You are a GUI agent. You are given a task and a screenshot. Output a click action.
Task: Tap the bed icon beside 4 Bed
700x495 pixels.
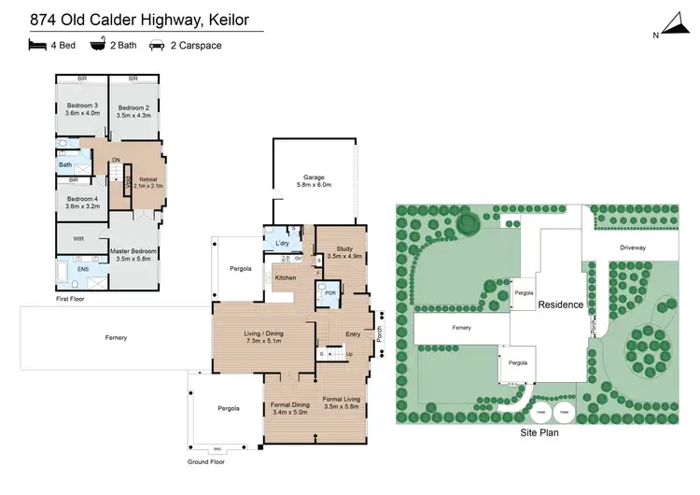[x=36, y=44]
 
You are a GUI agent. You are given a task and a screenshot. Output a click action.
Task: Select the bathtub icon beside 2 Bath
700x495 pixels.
[x=97, y=44]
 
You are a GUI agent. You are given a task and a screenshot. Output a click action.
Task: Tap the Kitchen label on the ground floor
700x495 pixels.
[x=286, y=277]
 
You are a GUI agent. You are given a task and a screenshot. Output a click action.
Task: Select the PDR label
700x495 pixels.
[x=329, y=292]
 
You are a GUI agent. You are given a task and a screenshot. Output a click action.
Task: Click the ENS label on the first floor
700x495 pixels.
[x=81, y=269]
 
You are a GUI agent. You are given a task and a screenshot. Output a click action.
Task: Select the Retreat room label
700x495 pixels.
[x=148, y=179]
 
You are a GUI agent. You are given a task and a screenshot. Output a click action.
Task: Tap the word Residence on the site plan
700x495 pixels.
[x=560, y=304]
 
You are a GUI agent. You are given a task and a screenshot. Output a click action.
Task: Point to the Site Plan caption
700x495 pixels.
[x=540, y=433]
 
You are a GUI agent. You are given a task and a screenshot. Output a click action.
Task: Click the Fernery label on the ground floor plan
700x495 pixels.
[x=116, y=337]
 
